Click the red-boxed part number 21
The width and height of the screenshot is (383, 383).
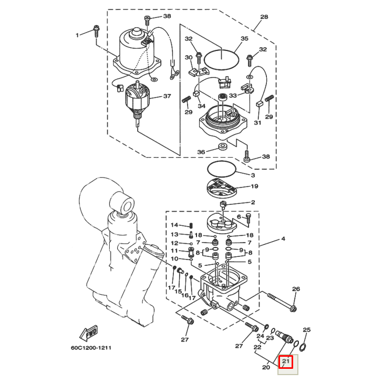click(286, 361)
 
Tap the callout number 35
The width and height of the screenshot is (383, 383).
click(244, 39)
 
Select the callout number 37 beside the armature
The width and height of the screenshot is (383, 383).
click(167, 96)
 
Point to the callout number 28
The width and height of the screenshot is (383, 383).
click(264, 17)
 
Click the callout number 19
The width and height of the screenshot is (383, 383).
click(254, 186)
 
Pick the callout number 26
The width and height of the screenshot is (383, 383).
click(296, 289)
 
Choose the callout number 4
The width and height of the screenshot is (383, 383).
click(283, 239)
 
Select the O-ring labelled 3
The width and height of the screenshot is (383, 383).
click(221, 170)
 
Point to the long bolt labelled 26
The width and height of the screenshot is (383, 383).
click(282, 301)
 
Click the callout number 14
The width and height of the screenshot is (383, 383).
click(175, 225)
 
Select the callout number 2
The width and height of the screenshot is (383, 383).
click(253, 202)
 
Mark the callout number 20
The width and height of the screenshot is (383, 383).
click(266, 367)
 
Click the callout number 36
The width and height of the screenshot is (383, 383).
click(201, 152)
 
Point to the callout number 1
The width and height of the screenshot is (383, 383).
click(77, 35)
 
